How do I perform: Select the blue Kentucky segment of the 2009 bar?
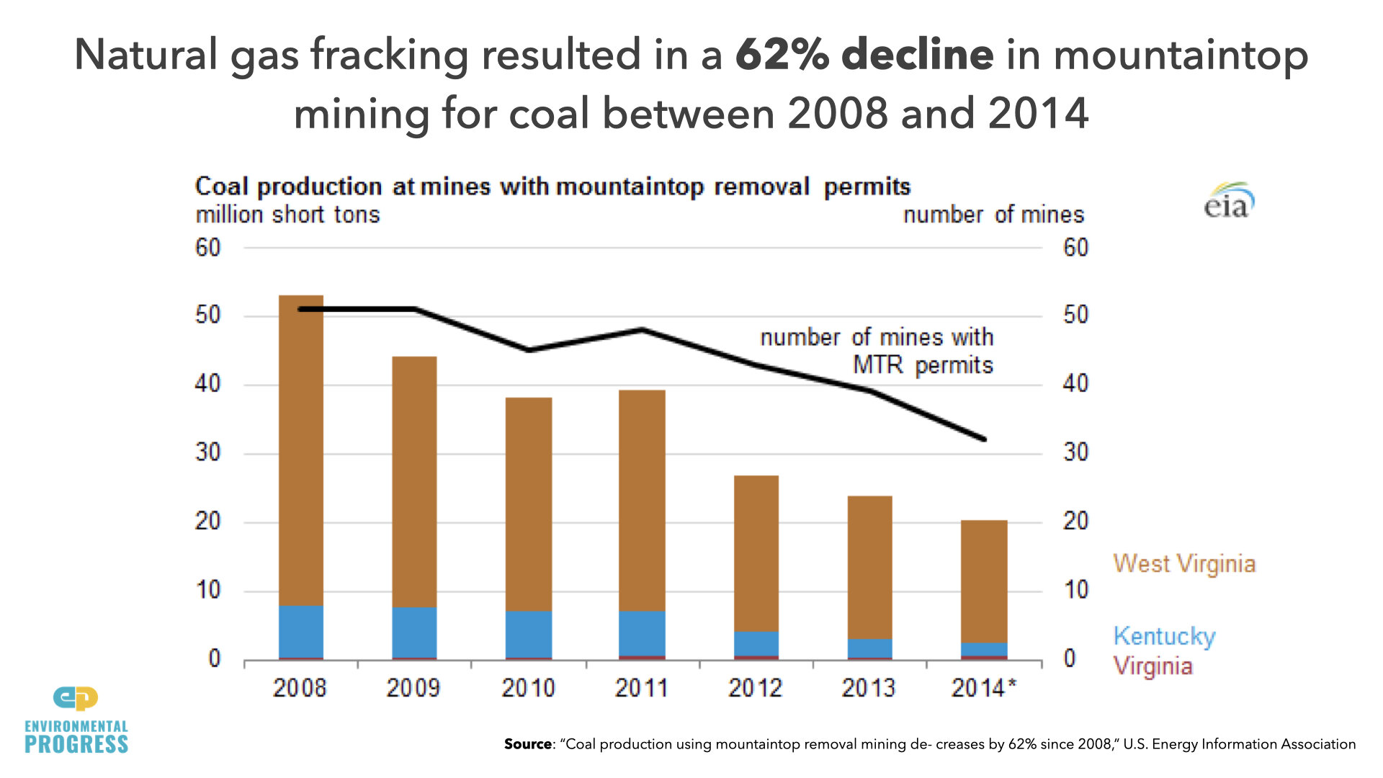click(414, 632)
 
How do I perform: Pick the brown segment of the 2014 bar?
click(983, 581)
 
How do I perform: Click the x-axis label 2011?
click(641, 688)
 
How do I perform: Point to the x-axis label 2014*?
click(983, 688)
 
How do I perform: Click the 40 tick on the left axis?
click(207, 384)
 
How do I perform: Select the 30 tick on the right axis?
click(1075, 452)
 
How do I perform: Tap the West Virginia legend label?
click(1184, 563)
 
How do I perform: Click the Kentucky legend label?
click(1164, 636)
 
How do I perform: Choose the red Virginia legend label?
click(1152, 666)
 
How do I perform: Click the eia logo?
click(1228, 201)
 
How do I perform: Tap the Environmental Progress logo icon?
click(76, 698)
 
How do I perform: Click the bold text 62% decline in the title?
click(864, 55)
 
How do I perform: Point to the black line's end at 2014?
click(983, 439)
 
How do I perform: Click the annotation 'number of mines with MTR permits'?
click(877, 351)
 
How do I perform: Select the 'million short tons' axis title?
click(287, 215)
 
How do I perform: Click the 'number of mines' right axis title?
click(993, 215)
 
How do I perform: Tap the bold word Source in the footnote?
click(527, 744)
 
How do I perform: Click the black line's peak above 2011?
click(641, 330)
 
